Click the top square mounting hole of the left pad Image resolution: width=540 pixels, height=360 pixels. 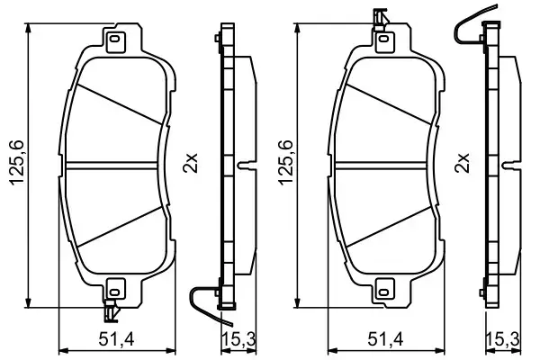115,40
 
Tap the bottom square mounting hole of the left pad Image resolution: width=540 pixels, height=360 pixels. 114,290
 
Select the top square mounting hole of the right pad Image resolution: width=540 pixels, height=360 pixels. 383,40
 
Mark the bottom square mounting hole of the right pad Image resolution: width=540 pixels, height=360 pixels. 384,290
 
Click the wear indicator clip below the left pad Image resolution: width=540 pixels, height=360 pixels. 112,311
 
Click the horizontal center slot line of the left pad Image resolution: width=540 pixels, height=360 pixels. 115,165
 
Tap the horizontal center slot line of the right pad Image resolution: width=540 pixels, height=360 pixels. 384,165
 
